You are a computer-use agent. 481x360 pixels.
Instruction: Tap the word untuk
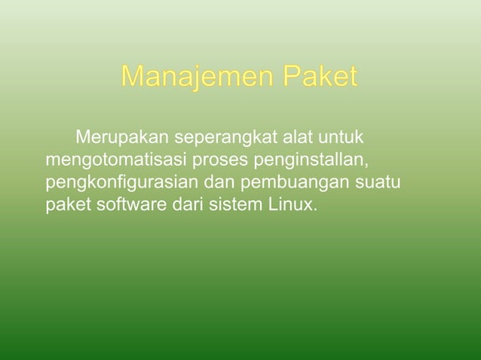(x=342, y=139)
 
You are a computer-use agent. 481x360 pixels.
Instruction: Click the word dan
(x=219, y=183)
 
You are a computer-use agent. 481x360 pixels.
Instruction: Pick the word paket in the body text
(x=68, y=205)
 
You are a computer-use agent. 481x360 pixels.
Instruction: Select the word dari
(x=180, y=205)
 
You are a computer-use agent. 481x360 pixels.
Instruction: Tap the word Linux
(x=287, y=205)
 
